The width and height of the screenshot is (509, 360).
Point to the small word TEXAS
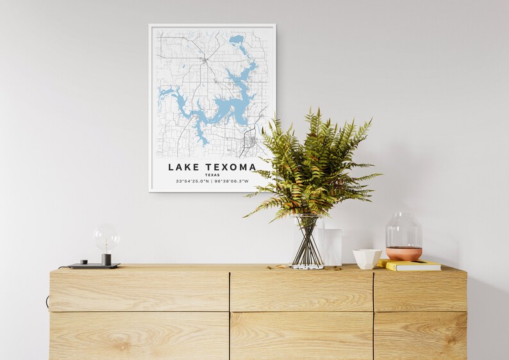pyautogui.click(x=212, y=175)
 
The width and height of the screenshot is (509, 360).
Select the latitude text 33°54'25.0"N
pyautogui.click(x=192, y=181)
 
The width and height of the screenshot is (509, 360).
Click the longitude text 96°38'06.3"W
pyautogui.click(x=231, y=181)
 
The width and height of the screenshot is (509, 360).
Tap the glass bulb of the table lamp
pyautogui.click(x=106, y=238)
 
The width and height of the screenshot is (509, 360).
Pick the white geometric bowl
pyautogui.click(x=367, y=259)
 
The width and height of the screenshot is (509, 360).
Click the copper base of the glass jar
pyautogui.click(x=404, y=254)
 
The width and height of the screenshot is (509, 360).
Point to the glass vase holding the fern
pyautogui.click(x=308, y=241)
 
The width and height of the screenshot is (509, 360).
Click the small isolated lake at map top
pyautogui.click(x=237, y=39)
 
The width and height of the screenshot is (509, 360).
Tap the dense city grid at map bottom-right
pyautogui.click(x=250, y=140)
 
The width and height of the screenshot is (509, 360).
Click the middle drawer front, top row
pyautogui.click(x=301, y=292)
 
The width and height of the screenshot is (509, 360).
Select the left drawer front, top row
pyautogui.click(x=139, y=292)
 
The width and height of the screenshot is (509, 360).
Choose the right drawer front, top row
pyautogui.click(x=420, y=292)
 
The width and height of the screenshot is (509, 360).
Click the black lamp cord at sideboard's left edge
pyautogui.click(x=47, y=301)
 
